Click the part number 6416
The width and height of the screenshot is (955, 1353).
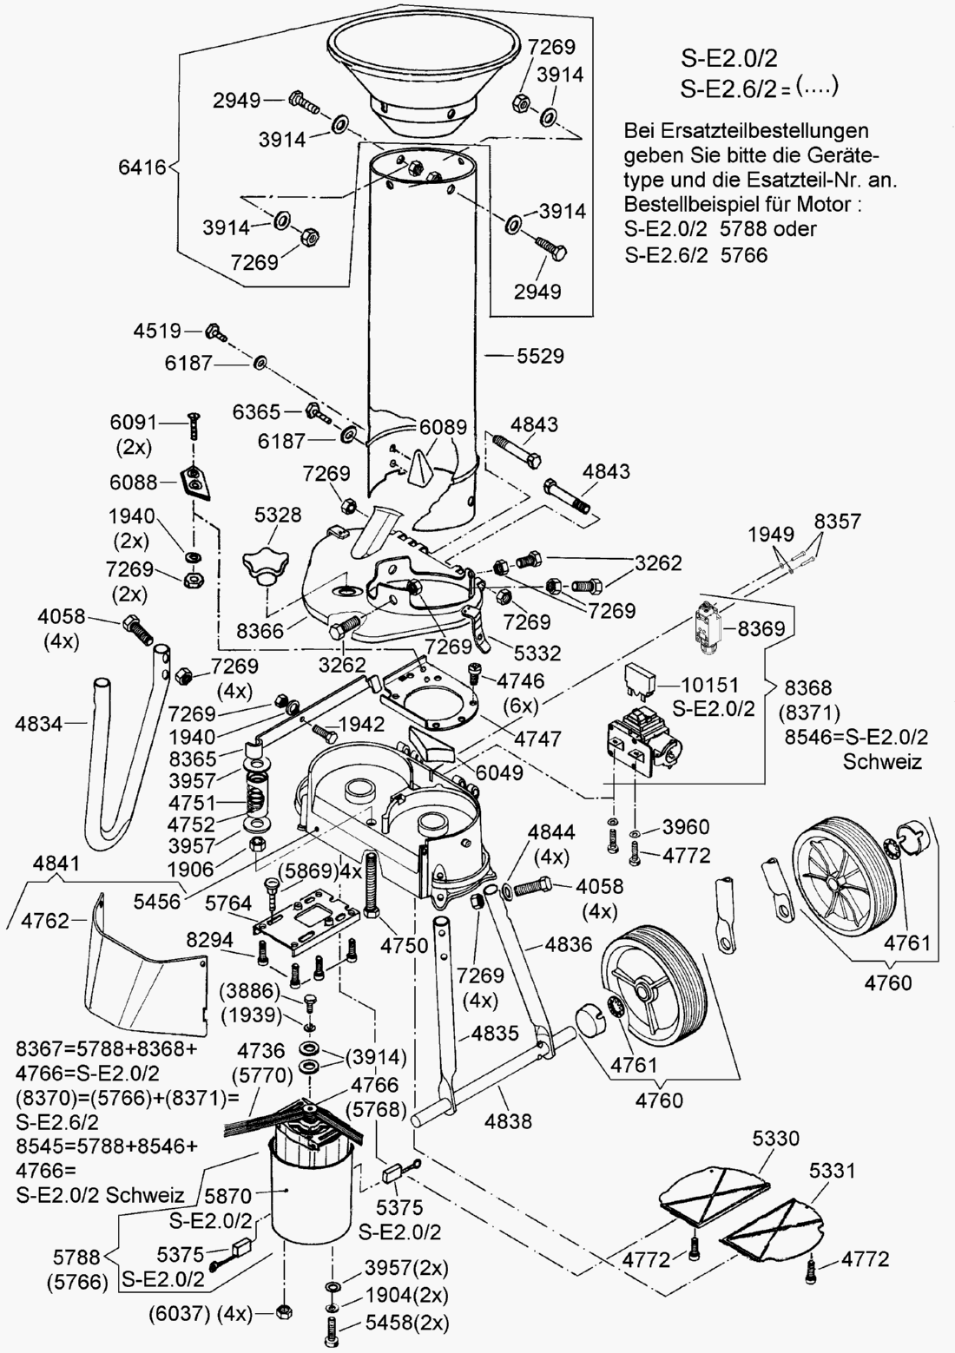pos(142,167)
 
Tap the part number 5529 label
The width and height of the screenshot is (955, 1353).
pos(540,356)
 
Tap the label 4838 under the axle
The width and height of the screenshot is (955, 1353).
pos(508,1121)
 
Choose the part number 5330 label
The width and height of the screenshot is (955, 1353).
pos(775,1138)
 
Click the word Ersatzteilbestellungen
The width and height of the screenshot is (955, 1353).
pos(746,131)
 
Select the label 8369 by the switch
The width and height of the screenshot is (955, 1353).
pos(761,627)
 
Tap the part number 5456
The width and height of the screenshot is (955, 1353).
pos(157,901)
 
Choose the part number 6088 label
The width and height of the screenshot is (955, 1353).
pos(133,482)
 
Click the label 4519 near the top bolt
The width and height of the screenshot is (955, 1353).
pos(157,331)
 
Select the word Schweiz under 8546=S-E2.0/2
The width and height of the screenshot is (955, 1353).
pos(882,761)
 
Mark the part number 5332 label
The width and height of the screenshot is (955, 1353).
pos(537,653)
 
